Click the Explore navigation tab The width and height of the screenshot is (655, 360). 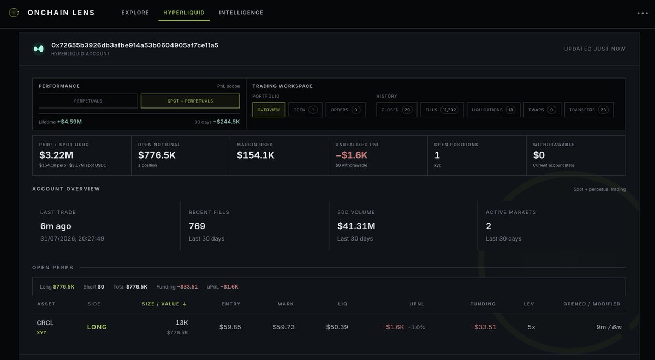135,13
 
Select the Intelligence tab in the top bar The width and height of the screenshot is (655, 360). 241,13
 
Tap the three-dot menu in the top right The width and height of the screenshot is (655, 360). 642,13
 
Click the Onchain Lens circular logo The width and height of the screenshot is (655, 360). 14,13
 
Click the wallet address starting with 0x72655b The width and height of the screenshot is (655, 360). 135,45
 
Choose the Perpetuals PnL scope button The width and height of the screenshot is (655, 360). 88,101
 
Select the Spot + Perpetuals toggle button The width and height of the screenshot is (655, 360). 190,101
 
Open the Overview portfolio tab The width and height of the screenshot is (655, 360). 269,110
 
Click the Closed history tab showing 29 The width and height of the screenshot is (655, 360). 396,110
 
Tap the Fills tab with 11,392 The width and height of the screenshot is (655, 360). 442,110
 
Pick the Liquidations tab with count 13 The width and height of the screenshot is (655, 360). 493,110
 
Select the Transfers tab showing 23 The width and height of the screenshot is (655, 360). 588,110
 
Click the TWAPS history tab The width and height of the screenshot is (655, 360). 542,110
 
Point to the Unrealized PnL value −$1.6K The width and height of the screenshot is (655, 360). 352,155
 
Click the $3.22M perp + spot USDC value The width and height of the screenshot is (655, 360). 56,155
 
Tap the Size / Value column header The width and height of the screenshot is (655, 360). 164,304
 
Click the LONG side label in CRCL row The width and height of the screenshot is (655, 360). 97,327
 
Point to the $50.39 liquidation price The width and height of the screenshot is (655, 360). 337,327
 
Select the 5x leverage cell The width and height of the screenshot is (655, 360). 531,327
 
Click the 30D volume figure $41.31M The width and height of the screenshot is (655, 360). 356,226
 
